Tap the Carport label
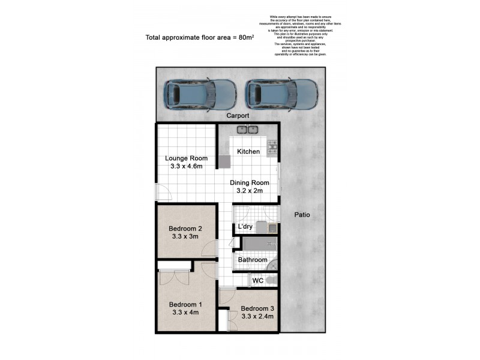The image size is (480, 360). coord(238,115)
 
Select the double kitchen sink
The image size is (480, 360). coord(247,129)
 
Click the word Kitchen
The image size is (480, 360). coord(248,152)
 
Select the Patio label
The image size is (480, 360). coord(302,215)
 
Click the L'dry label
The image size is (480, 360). coord(245,227)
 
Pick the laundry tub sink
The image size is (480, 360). coord(272,227)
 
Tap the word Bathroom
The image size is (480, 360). coord(252,260)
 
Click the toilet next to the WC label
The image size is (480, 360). coord(272,280)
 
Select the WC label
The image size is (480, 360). coord(258,280)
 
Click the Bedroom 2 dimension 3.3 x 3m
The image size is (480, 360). coord(185,237)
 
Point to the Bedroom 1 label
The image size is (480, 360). coord(185,304)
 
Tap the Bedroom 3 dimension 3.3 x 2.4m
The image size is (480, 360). coord(257,317)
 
